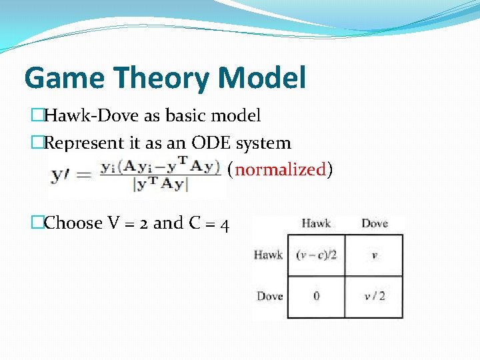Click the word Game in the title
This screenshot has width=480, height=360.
pyautogui.click(x=64, y=78)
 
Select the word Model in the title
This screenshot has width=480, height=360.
pyautogui.click(x=262, y=78)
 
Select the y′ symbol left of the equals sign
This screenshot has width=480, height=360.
pyautogui.click(x=63, y=175)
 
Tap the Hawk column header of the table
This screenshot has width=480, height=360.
pyautogui.click(x=316, y=223)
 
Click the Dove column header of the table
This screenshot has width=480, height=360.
pyautogui.click(x=374, y=223)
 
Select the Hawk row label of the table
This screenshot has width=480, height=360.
pyautogui.click(x=268, y=255)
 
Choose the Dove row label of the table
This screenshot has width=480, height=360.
pyautogui.click(x=269, y=296)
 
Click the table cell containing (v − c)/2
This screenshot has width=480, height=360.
pyautogui.click(x=316, y=255)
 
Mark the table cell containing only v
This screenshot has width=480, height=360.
pyautogui.click(x=374, y=255)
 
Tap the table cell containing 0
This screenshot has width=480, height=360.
pyautogui.click(x=316, y=296)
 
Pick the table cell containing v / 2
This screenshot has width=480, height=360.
pyautogui.click(x=374, y=296)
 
